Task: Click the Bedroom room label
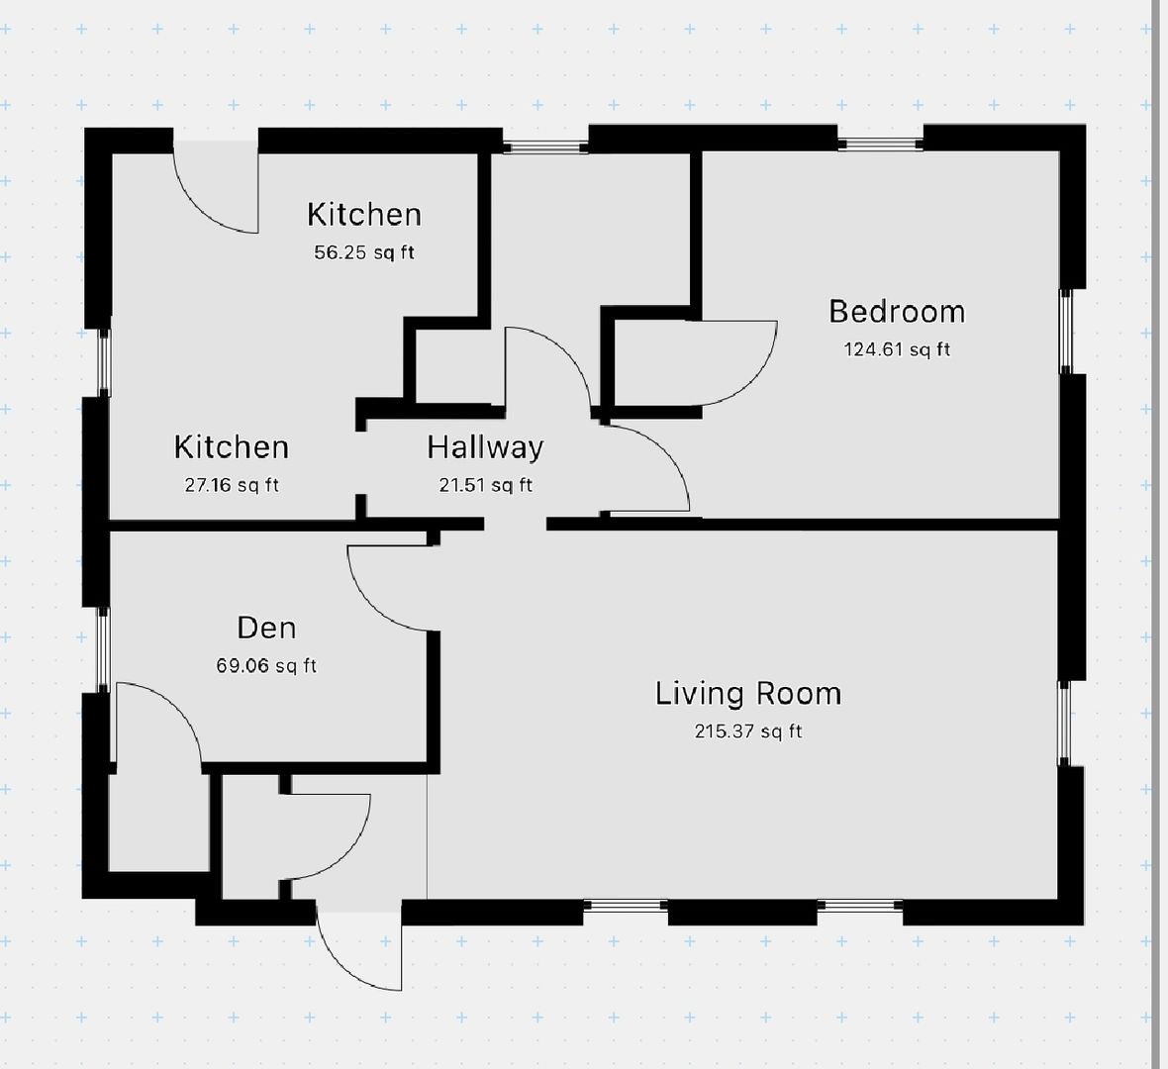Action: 897,312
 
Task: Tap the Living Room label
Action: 748,694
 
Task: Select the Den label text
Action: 266,628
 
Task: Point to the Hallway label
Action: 486,447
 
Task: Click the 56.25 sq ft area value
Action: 364,252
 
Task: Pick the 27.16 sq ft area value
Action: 232,486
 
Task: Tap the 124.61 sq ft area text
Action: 897,349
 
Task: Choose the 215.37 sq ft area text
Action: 748,731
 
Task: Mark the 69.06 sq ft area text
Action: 266,665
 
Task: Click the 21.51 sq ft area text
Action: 486,486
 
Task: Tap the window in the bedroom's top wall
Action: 881,144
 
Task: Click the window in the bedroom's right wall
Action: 1066,332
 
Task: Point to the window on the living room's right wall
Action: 1064,723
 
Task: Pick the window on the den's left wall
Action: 104,649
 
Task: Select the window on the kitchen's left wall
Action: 105,363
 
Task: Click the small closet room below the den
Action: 158,823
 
